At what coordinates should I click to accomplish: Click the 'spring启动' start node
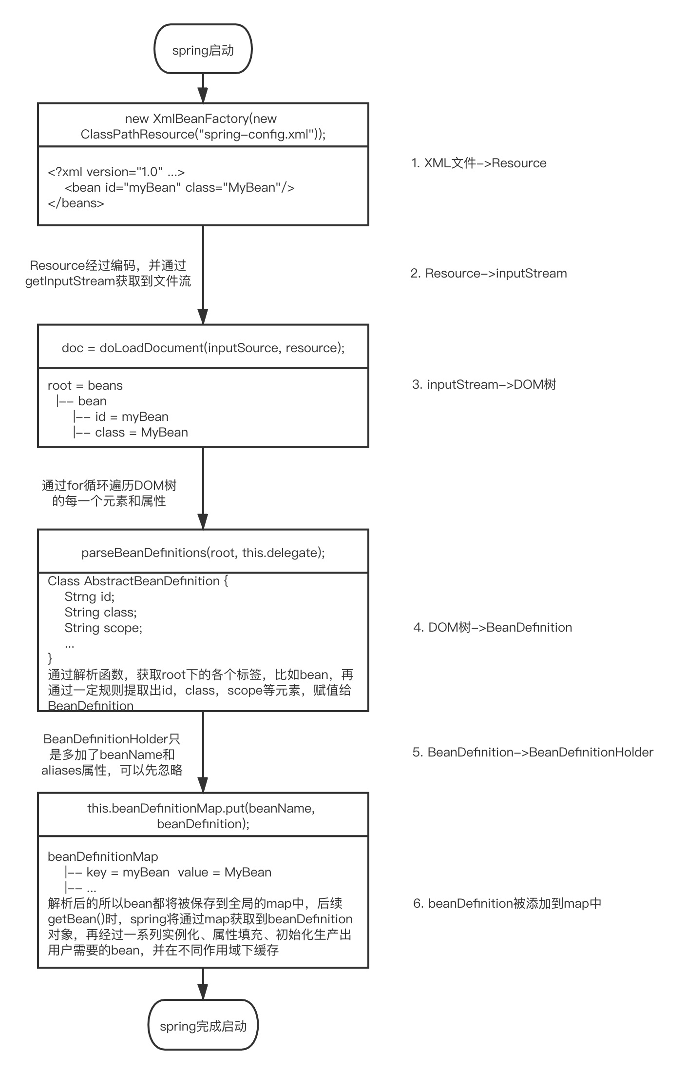coord(203,50)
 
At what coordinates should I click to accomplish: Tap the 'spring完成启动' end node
coord(203,1026)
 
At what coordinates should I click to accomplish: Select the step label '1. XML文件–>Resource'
coord(478,163)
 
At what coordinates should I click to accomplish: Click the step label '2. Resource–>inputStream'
coord(488,273)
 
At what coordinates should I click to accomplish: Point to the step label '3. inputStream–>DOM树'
coord(483,384)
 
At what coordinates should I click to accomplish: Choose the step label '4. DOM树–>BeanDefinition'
coord(492,627)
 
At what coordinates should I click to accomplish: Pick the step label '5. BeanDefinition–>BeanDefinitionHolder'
coord(533,752)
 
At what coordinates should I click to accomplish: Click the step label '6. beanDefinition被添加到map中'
coord(507,903)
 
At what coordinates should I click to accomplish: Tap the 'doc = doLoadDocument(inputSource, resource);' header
coord(203,347)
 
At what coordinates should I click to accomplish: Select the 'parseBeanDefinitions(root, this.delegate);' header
coord(203,552)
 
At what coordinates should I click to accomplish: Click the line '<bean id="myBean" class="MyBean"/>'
coord(179,187)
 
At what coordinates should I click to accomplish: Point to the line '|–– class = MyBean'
coord(130,432)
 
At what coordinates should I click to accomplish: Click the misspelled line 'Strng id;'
coord(90,597)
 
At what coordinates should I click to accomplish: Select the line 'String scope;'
coord(103,628)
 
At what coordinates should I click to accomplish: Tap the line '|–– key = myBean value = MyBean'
coord(168,872)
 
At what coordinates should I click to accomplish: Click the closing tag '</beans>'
coord(76,203)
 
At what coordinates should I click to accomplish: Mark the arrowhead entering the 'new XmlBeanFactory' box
coord(203,95)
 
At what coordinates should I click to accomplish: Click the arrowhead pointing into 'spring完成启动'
coord(203,991)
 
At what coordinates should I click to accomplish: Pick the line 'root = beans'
coord(85,385)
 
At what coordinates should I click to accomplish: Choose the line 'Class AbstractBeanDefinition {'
coord(138,581)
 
